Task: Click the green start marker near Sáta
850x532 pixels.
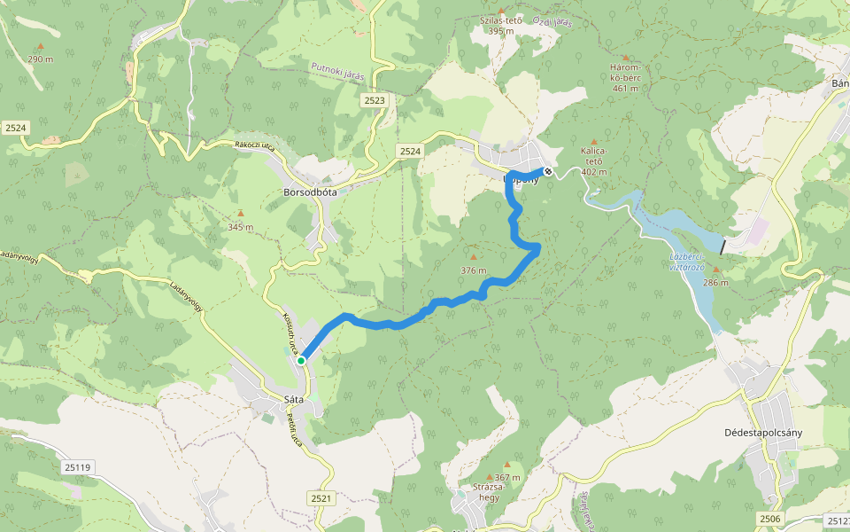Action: coord(301,360)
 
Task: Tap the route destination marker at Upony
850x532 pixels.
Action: coord(548,171)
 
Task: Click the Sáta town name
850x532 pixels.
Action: coord(293,400)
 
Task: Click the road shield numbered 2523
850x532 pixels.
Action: coord(374,101)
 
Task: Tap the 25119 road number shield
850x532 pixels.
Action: coord(78,466)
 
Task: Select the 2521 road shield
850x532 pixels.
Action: coord(321,499)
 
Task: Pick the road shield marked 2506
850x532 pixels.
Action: coord(770,518)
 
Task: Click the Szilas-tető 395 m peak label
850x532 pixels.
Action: coord(501,25)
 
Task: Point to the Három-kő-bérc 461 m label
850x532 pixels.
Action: coord(625,77)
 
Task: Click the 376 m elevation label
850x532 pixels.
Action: coord(474,270)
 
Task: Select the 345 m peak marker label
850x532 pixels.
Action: coord(240,226)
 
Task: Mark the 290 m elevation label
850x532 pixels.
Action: coord(40,59)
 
